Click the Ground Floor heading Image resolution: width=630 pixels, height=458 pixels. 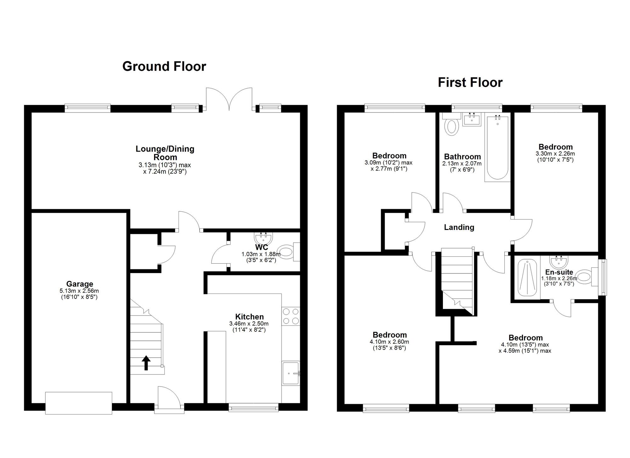pyautogui.click(x=164, y=66)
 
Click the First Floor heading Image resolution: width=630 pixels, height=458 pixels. pyautogui.click(x=470, y=83)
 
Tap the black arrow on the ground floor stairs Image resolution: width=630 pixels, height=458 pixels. pyautogui.click(x=146, y=363)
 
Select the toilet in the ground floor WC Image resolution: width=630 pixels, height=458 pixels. pyautogui.click(x=289, y=252)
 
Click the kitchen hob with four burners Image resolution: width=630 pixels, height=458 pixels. pyautogui.click(x=291, y=316)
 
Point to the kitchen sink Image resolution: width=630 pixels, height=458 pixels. pyautogui.click(x=291, y=373)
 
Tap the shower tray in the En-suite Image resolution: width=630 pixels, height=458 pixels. pyautogui.click(x=527, y=278)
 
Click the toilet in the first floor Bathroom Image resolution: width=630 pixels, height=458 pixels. pyautogui.click(x=450, y=124)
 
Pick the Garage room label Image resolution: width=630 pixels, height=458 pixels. pyautogui.click(x=80, y=284)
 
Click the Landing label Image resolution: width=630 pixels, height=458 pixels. pyautogui.click(x=459, y=227)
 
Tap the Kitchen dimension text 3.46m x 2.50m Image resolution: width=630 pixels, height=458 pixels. pyautogui.click(x=249, y=323)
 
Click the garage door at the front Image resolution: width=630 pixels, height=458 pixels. pyautogui.click(x=79, y=403)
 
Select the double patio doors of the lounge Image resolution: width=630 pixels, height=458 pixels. pyautogui.click(x=229, y=99)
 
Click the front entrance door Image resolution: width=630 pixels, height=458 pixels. pyautogui.click(x=169, y=400)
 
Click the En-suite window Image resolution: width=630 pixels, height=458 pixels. pyautogui.click(x=602, y=277)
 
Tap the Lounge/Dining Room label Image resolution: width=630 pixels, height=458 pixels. pyautogui.click(x=165, y=153)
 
